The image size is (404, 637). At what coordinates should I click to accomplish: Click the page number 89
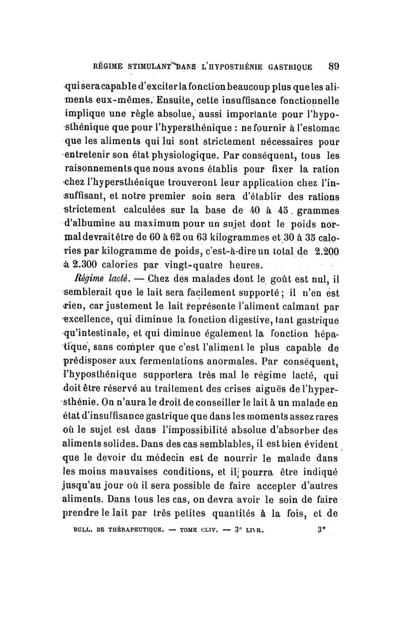pos(331,65)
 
